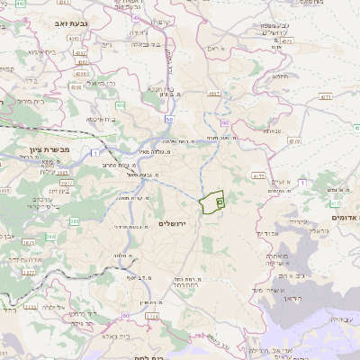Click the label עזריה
coord(298,216)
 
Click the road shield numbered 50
coord(169,118)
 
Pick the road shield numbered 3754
coord(152,317)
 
